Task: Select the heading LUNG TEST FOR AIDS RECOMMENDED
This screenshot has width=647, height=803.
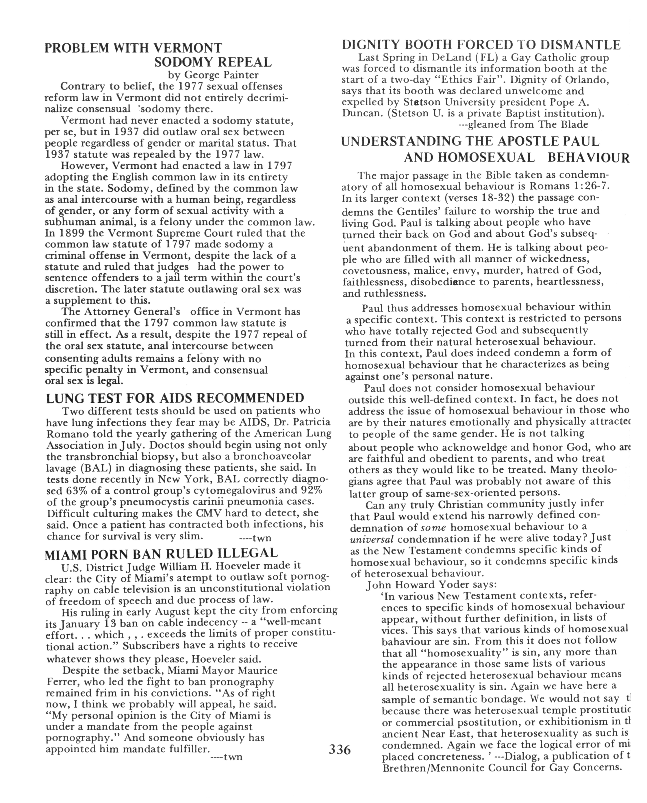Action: click(175, 398)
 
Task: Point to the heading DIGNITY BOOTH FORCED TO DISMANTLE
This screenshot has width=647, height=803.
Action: click(481, 45)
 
